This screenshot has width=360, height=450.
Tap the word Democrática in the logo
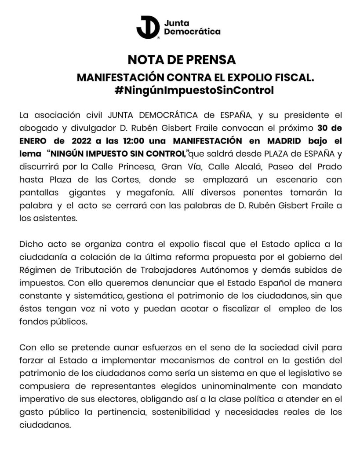coord(192,32)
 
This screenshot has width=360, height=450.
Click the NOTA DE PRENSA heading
coord(182,60)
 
